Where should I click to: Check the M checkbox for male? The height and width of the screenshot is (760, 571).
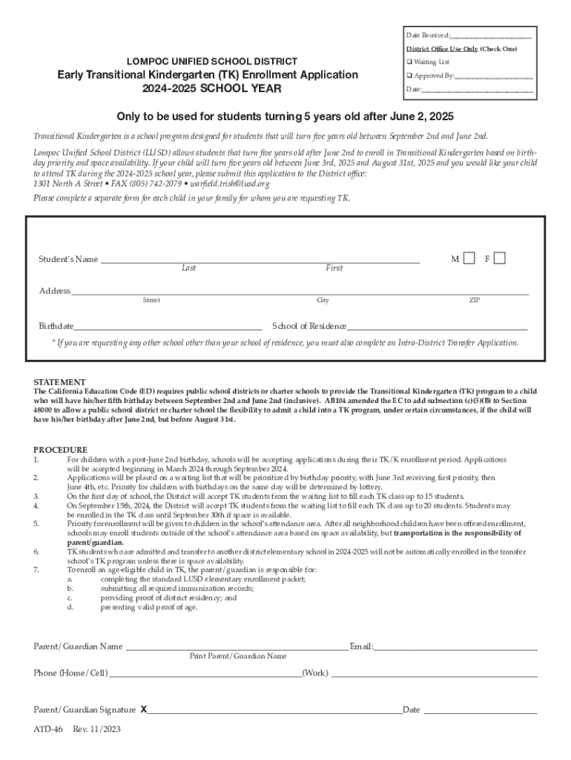[469, 258]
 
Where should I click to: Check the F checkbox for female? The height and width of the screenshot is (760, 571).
[500, 258]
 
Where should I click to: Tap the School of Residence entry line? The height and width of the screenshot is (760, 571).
[438, 327]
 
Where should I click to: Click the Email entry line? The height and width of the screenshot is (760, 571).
[455, 648]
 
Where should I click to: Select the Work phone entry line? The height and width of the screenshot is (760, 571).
[434, 675]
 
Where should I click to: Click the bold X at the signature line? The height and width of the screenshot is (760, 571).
[144, 710]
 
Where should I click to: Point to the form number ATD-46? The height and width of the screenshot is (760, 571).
[48, 729]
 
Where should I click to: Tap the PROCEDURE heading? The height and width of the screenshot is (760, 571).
[61, 450]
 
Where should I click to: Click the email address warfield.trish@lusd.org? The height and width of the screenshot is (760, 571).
[230, 184]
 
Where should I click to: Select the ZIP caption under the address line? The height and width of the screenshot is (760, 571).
[475, 301]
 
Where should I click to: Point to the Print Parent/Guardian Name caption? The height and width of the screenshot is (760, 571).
[238, 656]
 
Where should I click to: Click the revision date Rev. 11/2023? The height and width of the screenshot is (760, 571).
[96, 729]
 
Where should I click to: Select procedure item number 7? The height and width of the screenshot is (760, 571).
[36, 570]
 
